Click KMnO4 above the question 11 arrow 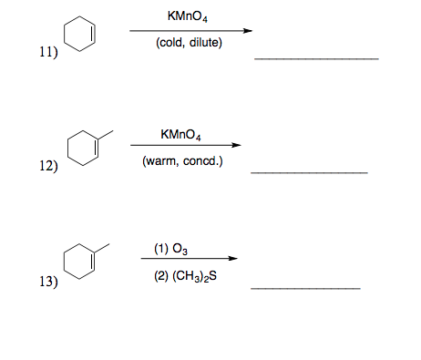(x=187, y=17)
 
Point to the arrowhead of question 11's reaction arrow (x=246, y=30)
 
